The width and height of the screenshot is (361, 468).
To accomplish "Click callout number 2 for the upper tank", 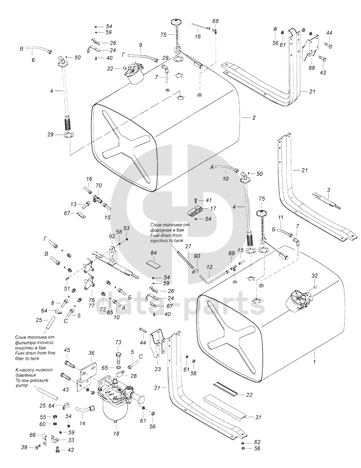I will coord(254,118).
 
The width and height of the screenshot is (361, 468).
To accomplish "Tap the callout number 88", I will coord(312,68).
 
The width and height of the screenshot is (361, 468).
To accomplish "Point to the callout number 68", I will coord(215,21).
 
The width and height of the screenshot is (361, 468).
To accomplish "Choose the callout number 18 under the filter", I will coord(116,434).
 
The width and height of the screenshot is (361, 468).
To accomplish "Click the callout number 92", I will coord(112,236).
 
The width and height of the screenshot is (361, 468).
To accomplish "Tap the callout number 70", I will coord(99,185).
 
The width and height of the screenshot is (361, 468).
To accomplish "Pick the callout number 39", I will coord(24,447).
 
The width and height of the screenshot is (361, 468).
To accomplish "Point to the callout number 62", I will coord(257,442).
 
